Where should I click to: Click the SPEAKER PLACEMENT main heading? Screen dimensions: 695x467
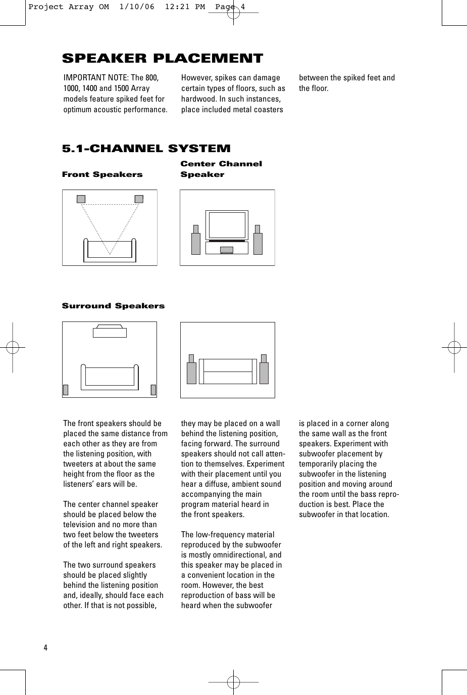point(162,59)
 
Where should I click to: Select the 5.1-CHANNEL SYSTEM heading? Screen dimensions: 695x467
point(146,149)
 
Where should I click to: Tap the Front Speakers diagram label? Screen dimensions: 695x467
point(102,174)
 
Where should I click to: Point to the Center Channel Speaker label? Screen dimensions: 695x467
point(221,169)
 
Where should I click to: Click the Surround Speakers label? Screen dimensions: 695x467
point(113,306)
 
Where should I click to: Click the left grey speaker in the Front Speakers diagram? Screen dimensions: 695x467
point(81,199)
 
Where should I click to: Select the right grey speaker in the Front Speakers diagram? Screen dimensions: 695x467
point(139,199)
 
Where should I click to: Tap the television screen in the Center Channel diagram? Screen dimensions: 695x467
point(227,225)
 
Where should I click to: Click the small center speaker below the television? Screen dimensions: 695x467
point(227,249)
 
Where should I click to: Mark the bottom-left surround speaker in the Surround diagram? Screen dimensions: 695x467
point(66,390)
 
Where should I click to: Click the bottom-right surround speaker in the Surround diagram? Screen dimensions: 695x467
point(153,390)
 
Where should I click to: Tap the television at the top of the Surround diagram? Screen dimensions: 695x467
point(110,332)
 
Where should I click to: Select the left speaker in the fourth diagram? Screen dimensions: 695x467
point(191,373)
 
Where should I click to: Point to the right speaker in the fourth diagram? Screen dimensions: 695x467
point(264,373)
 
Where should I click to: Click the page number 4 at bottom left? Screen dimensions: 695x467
point(45,648)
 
